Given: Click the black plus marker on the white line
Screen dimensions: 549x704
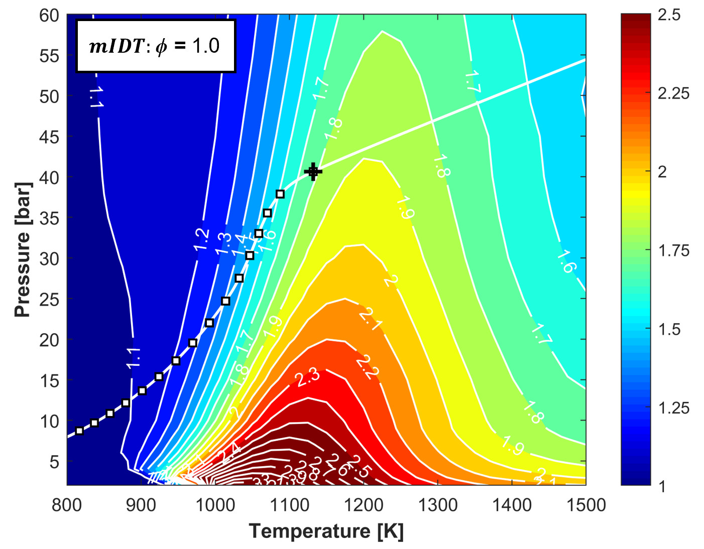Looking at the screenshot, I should pyautogui.click(x=313, y=172).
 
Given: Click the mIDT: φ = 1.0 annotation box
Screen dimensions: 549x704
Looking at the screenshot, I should pyautogui.click(x=156, y=46).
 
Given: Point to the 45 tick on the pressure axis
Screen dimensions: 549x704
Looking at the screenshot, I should pyautogui.click(x=49, y=136).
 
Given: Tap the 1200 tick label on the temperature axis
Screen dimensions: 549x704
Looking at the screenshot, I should pyautogui.click(x=364, y=505).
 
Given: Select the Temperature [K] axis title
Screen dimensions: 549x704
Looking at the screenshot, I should pyautogui.click(x=326, y=531).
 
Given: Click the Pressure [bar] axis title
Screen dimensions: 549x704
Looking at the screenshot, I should pyautogui.click(x=23, y=249).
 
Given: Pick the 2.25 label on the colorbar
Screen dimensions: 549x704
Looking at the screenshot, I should pyautogui.click(x=673, y=93).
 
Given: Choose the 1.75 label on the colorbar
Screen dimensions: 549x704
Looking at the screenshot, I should pyautogui.click(x=673, y=250).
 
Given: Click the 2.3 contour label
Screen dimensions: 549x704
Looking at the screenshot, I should pyautogui.click(x=307, y=377).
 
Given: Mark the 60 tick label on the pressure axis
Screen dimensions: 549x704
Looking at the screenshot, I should pyautogui.click(x=49, y=16).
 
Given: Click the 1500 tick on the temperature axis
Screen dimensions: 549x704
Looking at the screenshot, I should pyautogui.click(x=586, y=505).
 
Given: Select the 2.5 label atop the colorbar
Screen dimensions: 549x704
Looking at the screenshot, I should pyautogui.click(x=669, y=15).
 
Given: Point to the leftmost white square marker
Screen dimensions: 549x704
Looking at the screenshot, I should pyautogui.click(x=79, y=431).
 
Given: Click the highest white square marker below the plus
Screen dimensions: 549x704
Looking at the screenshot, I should pyautogui.click(x=280, y=194).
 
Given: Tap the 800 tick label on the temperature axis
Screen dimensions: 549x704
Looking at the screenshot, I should pyautogui.click(x=67, y=505).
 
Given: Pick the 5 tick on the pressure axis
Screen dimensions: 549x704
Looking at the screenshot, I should pyautogui.click(x=54, y=462).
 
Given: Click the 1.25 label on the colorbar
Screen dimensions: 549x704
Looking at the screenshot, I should pyautogui.click(x=673, y=407).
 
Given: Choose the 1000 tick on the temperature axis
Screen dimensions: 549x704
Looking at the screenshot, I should pyautogui.click(x=215, y=505).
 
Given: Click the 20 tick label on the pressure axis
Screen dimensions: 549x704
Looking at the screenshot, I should pyautogui.click(x=49, y=340).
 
